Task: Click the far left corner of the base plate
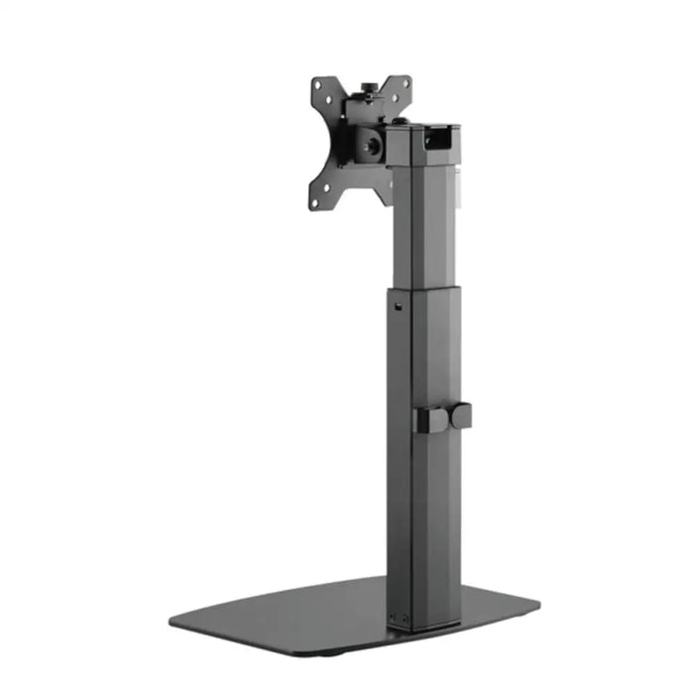[x=172, y=623]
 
